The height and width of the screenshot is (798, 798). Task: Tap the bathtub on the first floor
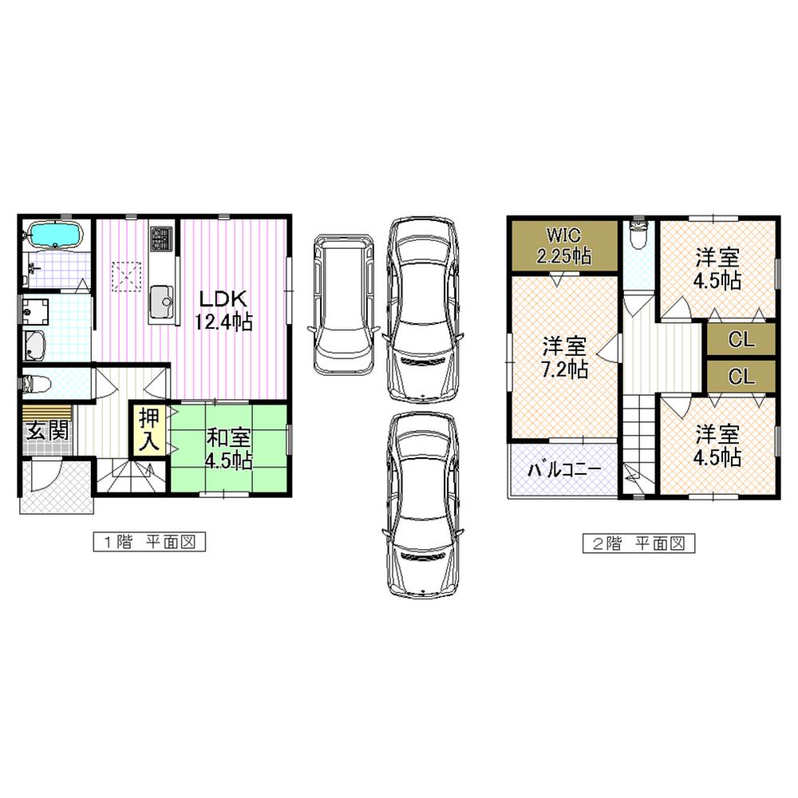[53, 235]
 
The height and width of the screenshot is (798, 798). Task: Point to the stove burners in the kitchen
[162, 237]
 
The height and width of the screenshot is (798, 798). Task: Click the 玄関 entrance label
[47, 431]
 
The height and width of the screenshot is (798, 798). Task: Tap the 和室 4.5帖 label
[230, 448]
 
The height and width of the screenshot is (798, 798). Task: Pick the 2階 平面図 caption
[638, 543]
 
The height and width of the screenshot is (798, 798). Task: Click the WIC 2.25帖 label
[565, 246]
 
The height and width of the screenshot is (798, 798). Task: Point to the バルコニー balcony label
[563, 470]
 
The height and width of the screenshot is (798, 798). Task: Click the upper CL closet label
[741, 339]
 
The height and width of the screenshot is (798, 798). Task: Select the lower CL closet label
[741, 377]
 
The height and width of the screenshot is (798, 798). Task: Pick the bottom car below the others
[423, 504]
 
